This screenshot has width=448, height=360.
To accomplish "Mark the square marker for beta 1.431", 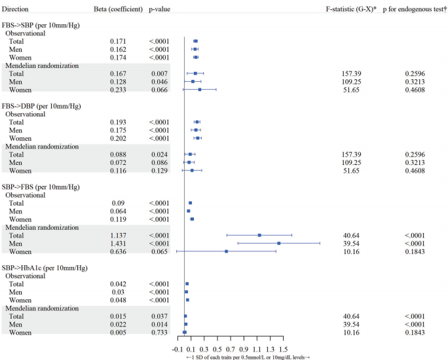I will [x=279, y=243].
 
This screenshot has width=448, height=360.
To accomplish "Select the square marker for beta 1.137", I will [x=259, y=235].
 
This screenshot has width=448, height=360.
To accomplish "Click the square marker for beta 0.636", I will [x=227, y=251].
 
